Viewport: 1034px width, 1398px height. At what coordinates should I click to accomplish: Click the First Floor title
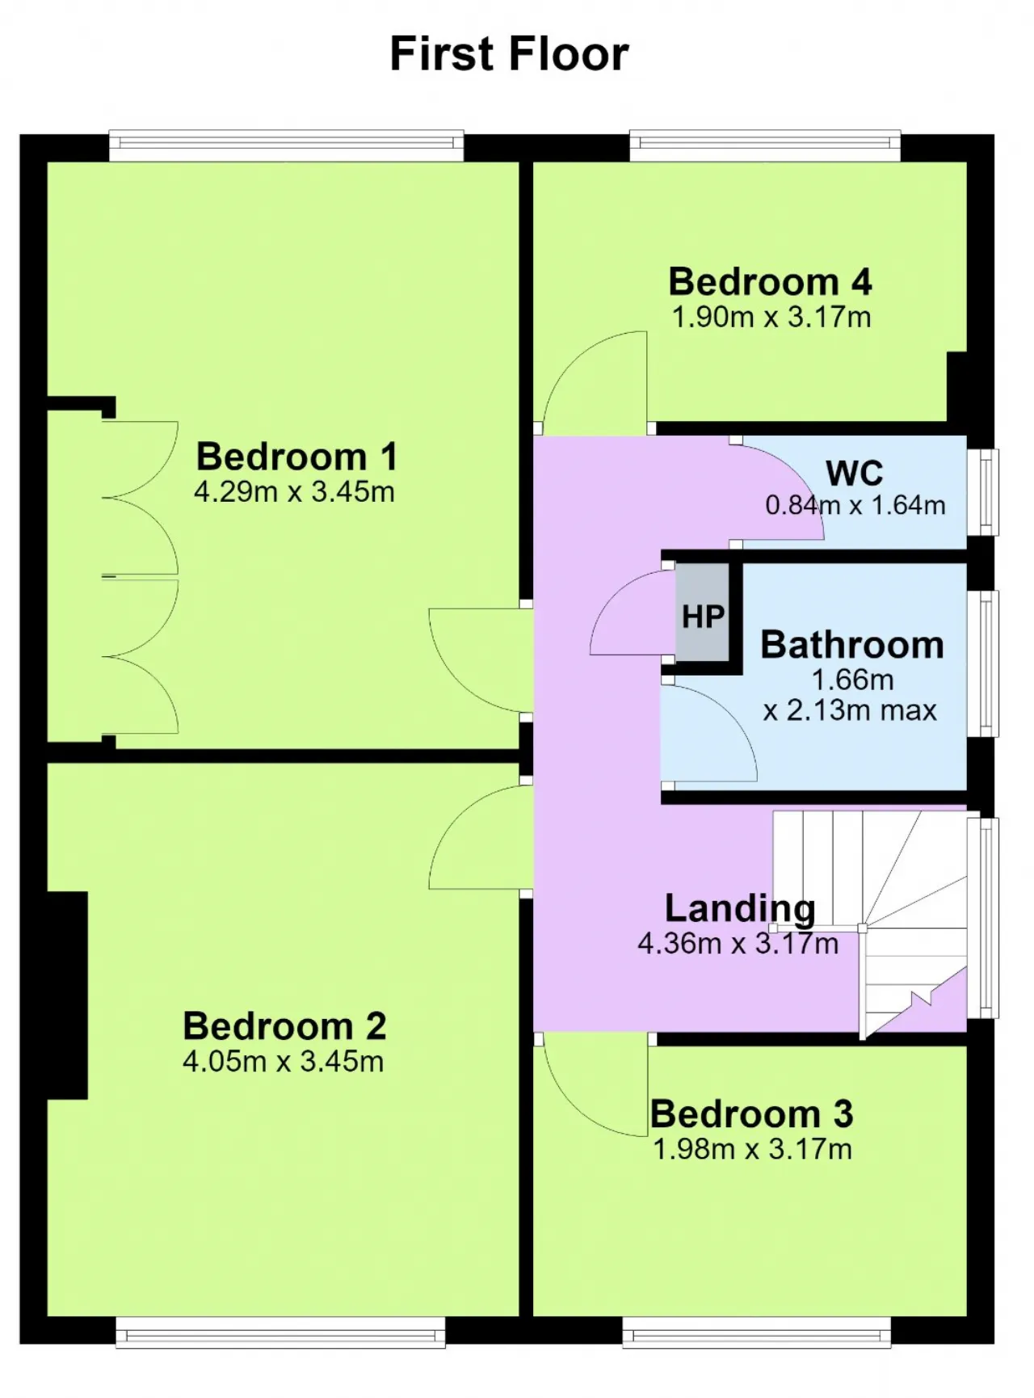click(x=509, y=54)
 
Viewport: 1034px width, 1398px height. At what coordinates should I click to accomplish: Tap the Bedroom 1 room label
click(x=296, y=457)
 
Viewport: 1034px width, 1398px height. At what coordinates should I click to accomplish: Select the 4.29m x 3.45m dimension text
click(x=294, y=491)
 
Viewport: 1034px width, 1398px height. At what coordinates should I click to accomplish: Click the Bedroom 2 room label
click(x=284, y=1026)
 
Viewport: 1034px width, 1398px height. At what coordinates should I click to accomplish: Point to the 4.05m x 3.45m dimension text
click(x=283, y=1061)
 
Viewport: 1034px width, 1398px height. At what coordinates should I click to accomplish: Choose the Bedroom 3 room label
click(x=751, y=1114)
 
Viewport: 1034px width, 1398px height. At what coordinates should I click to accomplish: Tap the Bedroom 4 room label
click(x=770, y=281)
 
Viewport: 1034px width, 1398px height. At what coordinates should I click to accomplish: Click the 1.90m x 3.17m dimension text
click(x=771, y=316)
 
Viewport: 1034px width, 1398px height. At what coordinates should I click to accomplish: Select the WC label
click(x=855, y=473)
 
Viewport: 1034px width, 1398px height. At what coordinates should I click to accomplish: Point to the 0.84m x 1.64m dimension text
click(x=855, y=505)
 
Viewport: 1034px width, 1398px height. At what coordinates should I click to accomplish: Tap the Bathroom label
click(x=852, y=645)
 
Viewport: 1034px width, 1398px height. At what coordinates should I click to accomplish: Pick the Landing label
click(x=740, y=908)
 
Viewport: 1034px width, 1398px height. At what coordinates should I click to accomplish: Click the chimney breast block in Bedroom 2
click(x=67, y=995)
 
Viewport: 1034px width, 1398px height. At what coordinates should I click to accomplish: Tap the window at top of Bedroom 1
click(x=287, y=146)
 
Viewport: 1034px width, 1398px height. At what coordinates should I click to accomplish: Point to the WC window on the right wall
click(x=983, y=492)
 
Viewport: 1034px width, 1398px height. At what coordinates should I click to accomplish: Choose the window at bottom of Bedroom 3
click(x=757, y=1333)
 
